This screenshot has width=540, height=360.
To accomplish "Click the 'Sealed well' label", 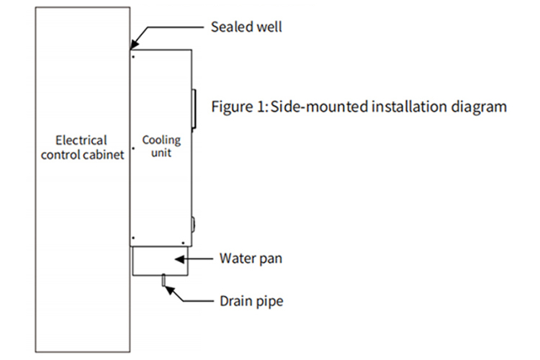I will coord(246,27).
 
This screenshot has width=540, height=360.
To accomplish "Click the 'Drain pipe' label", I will coord(251,301).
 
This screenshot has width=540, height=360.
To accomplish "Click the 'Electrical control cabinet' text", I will coord(81,146).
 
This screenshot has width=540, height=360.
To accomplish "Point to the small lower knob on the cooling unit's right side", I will coord(193,221).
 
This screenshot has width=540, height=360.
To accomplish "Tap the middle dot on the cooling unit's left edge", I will coord(134,149).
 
